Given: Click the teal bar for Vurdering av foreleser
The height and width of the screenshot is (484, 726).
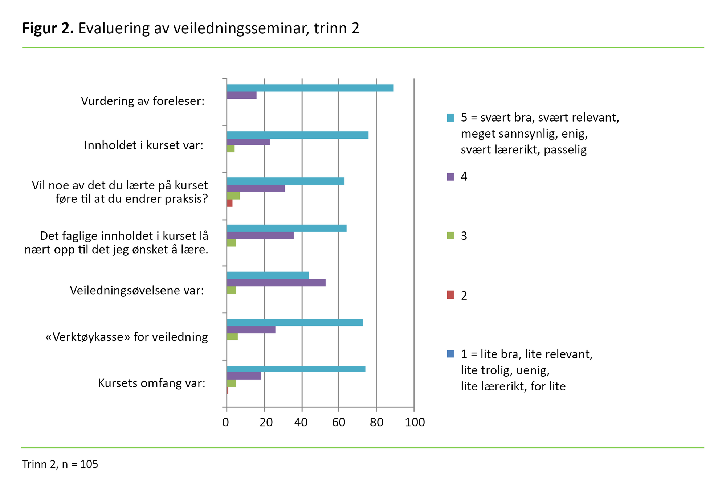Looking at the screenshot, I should (310, 88).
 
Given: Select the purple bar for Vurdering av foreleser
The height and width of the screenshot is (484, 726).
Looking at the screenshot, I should (241, 95).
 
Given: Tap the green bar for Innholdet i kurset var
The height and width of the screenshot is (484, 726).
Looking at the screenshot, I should (231, 149).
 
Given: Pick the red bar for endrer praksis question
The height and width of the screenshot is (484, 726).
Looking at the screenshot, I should (229, 203).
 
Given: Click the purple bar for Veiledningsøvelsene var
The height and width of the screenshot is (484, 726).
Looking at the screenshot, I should (276, 283).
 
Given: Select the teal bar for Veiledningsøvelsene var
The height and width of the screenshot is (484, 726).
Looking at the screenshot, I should (268, 275).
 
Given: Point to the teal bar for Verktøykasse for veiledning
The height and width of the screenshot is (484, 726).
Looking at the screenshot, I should (295, 322).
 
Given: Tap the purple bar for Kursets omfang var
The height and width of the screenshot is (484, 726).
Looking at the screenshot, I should (244, 376).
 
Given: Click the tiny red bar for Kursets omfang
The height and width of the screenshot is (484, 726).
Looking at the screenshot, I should (228, 390).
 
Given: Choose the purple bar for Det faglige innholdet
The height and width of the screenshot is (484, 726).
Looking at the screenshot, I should (260, 235).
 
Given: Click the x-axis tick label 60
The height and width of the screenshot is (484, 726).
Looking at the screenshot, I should (339, 422).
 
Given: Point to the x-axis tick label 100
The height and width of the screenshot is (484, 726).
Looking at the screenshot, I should (415, 422).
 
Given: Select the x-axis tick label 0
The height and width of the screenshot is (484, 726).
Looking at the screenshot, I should (226, 422).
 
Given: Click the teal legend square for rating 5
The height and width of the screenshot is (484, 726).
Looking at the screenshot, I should (450, 118).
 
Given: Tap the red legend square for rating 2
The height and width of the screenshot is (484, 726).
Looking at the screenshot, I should (450, 295).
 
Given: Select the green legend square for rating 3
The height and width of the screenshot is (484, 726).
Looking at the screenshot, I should (450, 236).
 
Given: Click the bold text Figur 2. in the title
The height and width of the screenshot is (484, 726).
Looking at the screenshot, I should (48, 28).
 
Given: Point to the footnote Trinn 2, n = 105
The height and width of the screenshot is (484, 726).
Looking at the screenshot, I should (60, 464).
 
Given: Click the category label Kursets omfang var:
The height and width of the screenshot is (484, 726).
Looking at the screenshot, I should (151, 383).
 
